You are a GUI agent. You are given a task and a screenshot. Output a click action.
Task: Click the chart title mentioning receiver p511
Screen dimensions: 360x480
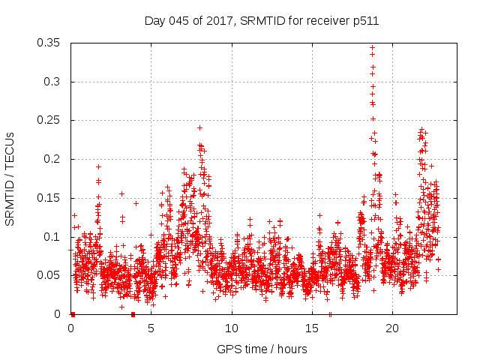click(x=261, y=21)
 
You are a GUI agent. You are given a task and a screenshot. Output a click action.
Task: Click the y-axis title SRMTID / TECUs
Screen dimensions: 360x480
click(x=10, y=178)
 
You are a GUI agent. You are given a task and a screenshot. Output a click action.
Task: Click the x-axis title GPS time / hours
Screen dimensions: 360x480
click(x=262, y=349)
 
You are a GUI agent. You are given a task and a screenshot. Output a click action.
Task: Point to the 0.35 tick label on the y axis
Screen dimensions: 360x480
click(x=49, y=43)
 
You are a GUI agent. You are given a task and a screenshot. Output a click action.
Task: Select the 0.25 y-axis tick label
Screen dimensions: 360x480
click(x=49, y=120)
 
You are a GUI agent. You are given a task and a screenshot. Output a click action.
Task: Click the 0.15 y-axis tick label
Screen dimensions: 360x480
click(x=49, y=198)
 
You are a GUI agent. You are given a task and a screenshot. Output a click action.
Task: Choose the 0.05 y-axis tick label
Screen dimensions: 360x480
click(x=49, y=275)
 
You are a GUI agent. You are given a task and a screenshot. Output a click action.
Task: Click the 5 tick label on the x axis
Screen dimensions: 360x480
click(x=151, y=328)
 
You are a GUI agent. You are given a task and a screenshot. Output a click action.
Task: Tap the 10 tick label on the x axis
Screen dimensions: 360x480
click(x=232, y=328)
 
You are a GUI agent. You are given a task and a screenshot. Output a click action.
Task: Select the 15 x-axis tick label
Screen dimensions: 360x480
click(x=312, y=328)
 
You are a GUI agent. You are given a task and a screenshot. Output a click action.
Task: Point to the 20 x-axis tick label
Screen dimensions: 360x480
click(x=392, y=328)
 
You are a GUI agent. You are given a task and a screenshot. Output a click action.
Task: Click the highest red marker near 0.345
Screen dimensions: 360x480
click(x=372, y=48)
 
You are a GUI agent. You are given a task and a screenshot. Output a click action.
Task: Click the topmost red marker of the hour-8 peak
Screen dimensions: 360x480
click(x=199, y=127)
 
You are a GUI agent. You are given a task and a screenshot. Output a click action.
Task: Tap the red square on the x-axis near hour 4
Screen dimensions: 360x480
click(x=133, y=314)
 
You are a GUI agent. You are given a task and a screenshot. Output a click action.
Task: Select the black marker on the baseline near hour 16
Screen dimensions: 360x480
click(x=330, y=314)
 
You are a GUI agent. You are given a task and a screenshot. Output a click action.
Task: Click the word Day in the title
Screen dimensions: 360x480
click(x=154, y=21)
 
